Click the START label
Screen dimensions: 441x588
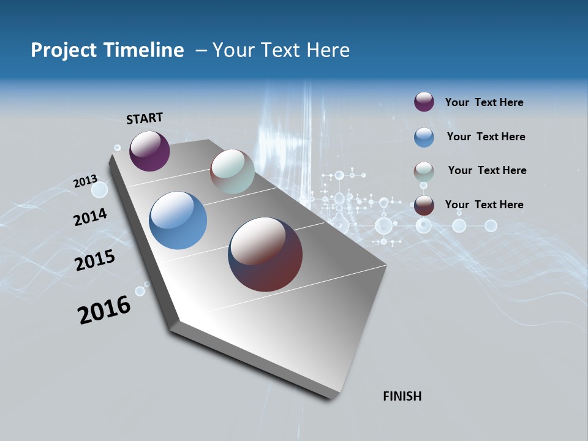145,118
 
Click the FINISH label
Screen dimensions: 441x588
402,396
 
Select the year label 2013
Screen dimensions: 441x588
85,181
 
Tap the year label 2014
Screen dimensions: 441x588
90,217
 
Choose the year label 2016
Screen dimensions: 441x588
104,310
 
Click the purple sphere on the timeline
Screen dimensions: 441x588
149,151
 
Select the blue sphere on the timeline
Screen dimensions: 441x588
178,221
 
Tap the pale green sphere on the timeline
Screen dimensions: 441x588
232,171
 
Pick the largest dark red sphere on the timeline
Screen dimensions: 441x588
265,254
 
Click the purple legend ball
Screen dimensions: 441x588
424,102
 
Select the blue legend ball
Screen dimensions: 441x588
424,137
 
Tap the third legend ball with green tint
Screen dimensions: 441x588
424,171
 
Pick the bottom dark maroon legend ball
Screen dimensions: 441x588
424,205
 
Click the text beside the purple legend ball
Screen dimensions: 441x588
484,103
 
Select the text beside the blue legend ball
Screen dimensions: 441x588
486,137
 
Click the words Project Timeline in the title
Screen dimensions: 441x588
107,50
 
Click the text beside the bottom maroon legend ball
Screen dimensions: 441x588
484,205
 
